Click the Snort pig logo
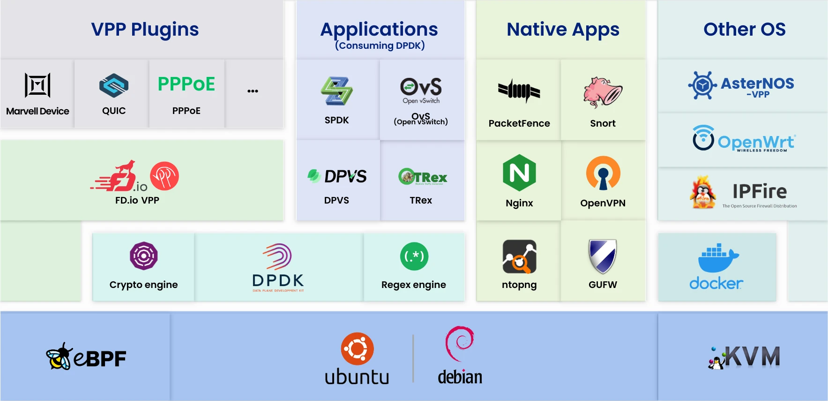(x=603, y=92)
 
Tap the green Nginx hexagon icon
(x=519, y=173)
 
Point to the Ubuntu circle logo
(x=357, y=349)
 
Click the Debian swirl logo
(x=460, y=343)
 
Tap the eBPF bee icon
(x=60, y=357)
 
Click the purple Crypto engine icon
(x=143, y=256)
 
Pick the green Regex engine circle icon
(x=414, y=256)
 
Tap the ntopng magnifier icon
(x=519, y=257)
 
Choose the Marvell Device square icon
(x=37, y=85)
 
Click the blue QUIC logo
(x=114, y=85)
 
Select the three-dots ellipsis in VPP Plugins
(x=253, y=91)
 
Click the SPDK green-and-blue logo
(x=336, y=91)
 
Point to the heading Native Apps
(x=563, y=30)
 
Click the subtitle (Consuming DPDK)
(x=380, y=45)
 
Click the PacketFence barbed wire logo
(x=519, y=91)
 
